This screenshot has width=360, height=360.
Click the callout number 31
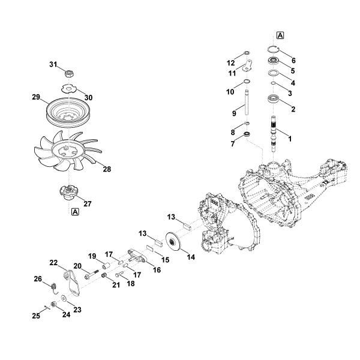(52, 64)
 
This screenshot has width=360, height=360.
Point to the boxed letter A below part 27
(75, 212)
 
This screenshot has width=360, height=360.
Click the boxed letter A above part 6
(280, 35)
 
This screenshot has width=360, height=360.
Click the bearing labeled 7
(245, 137)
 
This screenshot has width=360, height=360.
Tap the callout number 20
(77, 266)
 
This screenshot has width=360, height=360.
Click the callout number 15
(166, 260)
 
